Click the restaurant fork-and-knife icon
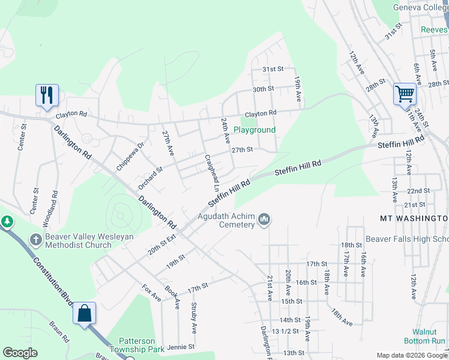[47, 95]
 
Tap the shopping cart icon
[405, 94]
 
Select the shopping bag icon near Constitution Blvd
[84, 313]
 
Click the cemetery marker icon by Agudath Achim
[264, 220]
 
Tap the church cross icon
[35, 239]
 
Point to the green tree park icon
[7, 221]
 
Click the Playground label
[255, 130]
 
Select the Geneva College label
[420, 7]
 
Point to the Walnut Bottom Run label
[429, 336]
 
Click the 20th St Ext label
[163, 244]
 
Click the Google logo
[20, 352]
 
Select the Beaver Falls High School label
[407, 239]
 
